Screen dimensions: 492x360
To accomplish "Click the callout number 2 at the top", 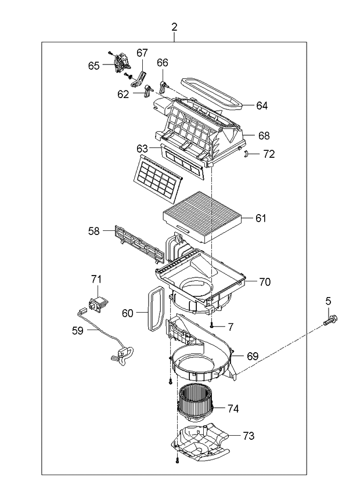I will click(x=175, y=27).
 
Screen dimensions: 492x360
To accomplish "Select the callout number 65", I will click(x=94, y=66).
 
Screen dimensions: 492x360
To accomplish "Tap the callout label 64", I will click(x=262, y=106).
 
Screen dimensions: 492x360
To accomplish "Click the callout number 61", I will click(x=261, y=218).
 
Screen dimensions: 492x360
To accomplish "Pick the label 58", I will click(x=94, y=231).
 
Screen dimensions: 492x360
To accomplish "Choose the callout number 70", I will click(x=265, y=282).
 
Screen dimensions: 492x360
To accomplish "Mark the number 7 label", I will click(x=230, y=327).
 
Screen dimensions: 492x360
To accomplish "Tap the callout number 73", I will click(x=248, y=435).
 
